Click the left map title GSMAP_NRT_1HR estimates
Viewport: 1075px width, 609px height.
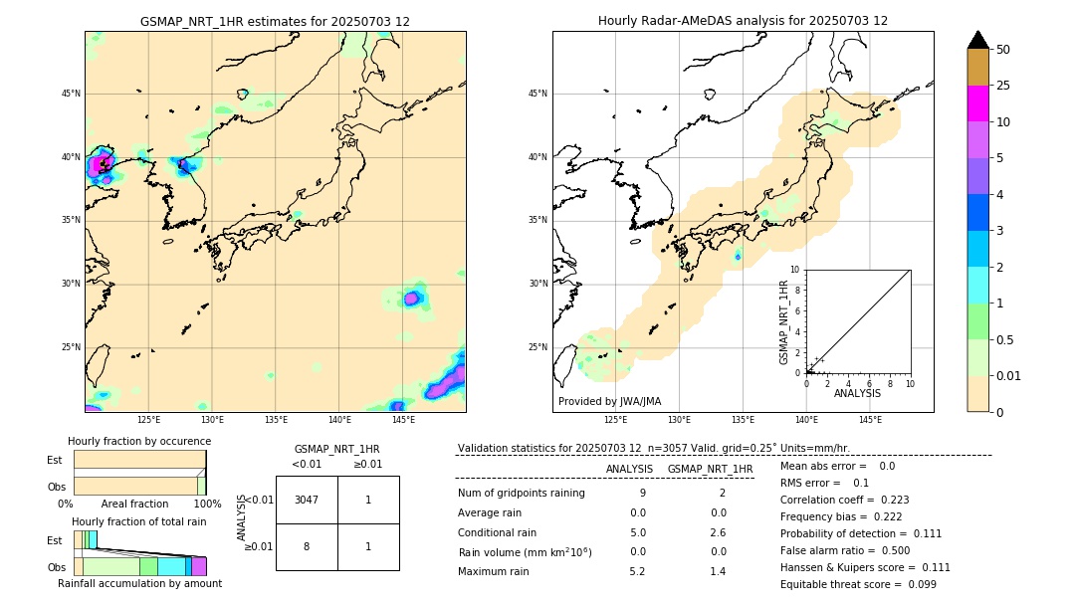(275, 21)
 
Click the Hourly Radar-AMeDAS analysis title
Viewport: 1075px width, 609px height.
(743, 21)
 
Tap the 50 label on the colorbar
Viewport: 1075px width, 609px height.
(1003, 50)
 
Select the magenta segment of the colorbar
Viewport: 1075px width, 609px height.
(977, 103)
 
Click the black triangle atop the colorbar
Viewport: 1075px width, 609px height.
(977, 40)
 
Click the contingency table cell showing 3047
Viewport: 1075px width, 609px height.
(307, 500)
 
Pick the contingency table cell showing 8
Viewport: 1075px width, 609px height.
(307, 546)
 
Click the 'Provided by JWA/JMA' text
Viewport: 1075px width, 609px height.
(609, 402)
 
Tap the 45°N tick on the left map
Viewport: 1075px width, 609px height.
(71, 94)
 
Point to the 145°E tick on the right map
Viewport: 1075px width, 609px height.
(870, 420)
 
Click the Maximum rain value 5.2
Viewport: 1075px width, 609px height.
(637, 571)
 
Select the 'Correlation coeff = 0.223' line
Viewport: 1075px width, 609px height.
(844, 500)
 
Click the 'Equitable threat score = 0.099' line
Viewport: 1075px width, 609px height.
(858, 584)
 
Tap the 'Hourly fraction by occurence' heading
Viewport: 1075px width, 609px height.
(139, 441)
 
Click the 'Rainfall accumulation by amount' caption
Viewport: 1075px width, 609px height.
(139, 584)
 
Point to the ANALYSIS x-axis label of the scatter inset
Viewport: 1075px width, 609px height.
(857, 393)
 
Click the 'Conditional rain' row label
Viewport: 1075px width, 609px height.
(497, 531)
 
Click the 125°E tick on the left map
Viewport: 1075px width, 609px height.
(149, 420)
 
